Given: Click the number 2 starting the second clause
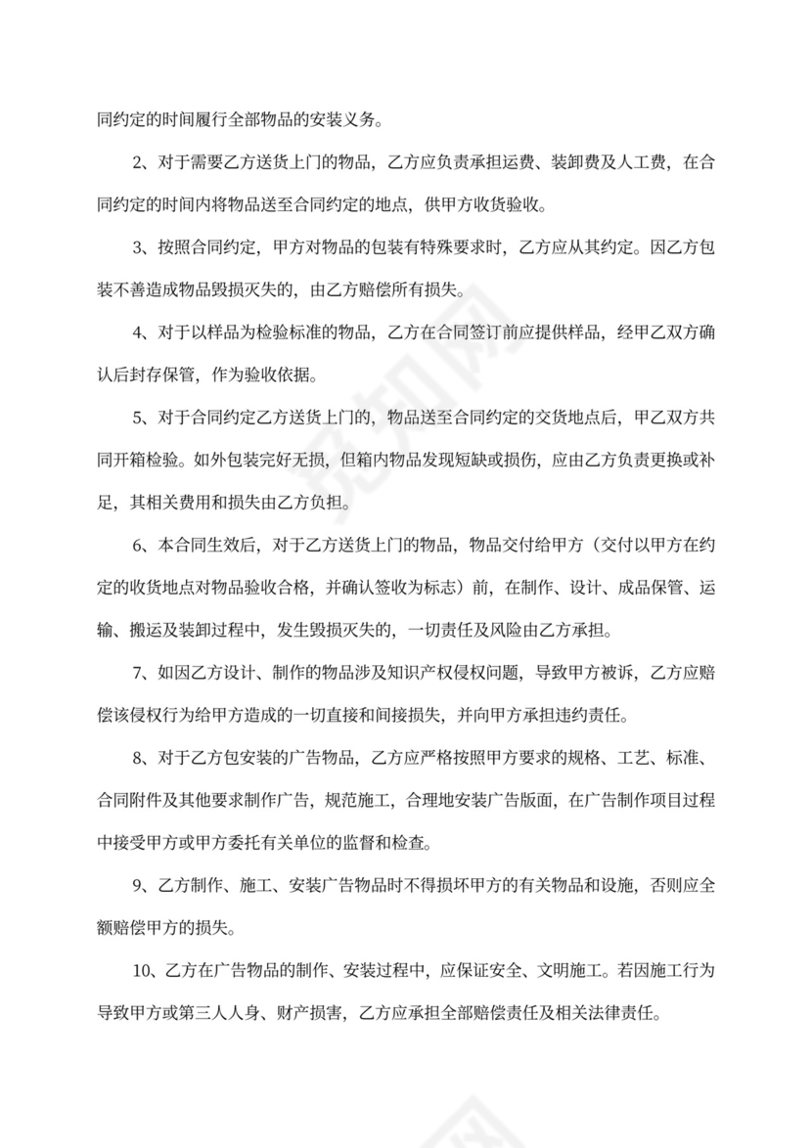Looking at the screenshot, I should [137, 163].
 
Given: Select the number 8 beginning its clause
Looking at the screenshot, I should [137, 757].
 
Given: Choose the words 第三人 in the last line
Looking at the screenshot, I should [206, 1012].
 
